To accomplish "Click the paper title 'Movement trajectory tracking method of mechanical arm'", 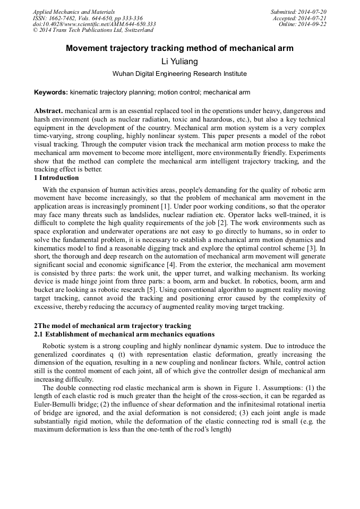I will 179,48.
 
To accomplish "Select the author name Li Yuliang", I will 179,62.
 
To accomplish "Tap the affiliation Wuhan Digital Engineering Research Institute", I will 179,74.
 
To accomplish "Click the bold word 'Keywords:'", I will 51,92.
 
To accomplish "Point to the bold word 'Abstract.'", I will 48,111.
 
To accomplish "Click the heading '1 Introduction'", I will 56,178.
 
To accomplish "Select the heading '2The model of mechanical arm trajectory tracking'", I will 113,326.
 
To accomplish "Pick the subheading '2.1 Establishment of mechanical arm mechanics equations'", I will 124,334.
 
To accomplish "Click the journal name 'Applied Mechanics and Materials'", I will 73,11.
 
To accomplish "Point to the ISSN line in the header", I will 88,18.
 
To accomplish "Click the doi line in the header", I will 94,24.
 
